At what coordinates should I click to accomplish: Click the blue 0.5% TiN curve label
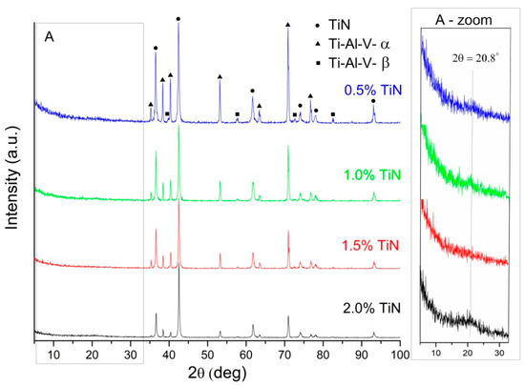point(373,91)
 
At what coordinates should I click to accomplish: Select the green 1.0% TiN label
point(372,174)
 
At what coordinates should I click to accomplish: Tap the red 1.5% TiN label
point(370,246)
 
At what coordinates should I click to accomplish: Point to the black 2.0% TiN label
point(371,308)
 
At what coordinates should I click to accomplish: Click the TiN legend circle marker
point(318,26)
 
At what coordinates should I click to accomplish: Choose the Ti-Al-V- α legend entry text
point(359,44)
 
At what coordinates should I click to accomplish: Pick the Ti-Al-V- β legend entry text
point(359,63)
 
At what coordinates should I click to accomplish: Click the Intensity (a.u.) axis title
point(11,177)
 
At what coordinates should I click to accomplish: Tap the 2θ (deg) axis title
point(217,373)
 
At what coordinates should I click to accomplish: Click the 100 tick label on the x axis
point(400,355)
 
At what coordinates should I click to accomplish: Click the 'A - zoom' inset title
point(464,20)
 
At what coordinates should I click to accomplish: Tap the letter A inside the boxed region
point(50,37)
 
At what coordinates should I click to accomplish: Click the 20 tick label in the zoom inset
point(468,353)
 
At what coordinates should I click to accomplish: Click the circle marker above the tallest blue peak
point(178,19)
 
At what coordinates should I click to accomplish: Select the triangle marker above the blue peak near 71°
point(287,25)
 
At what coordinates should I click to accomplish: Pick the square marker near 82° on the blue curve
point(333,114)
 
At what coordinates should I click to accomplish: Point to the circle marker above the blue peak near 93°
point(373,101)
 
